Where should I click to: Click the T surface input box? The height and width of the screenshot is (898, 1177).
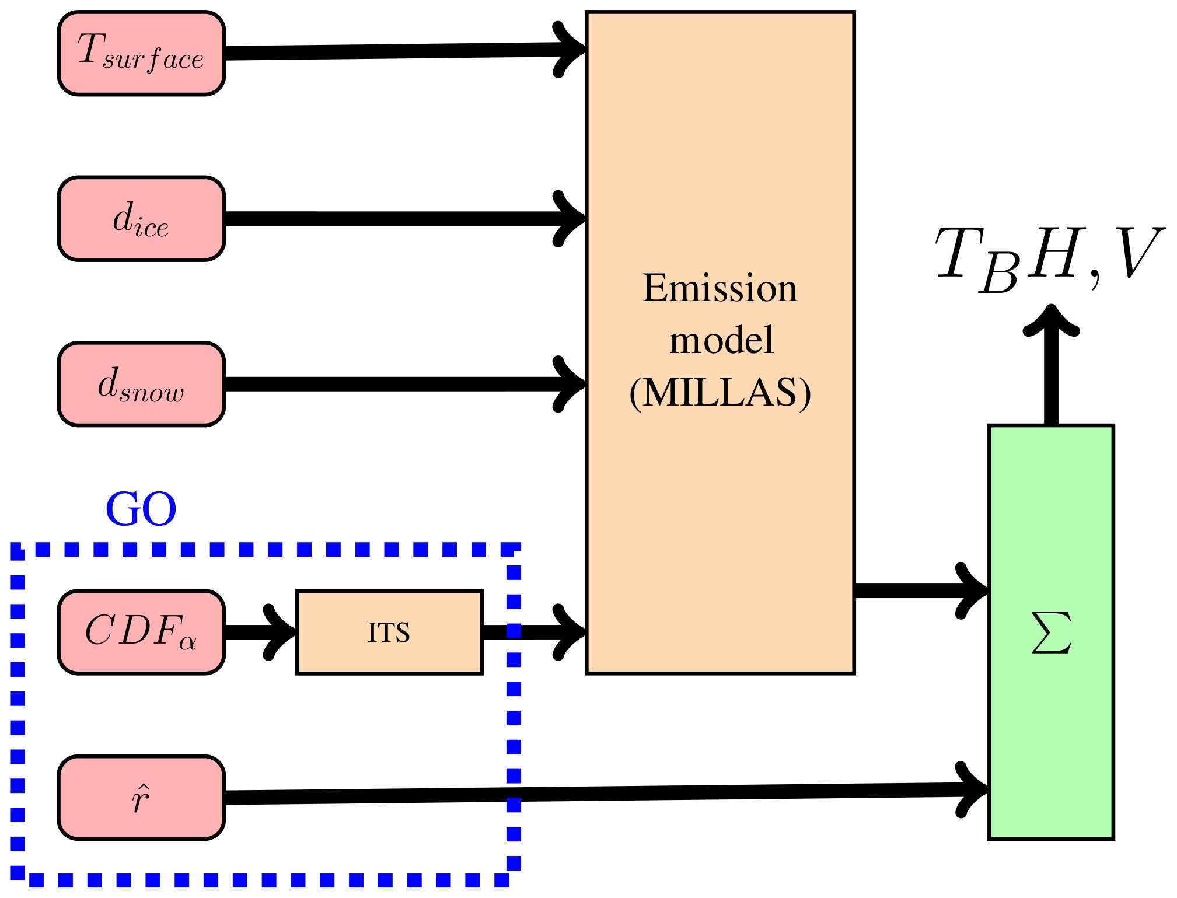click(x=141, y=53)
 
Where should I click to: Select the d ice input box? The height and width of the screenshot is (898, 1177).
click(x=141, y=219)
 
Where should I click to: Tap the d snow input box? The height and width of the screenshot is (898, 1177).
click(x=141, y=384)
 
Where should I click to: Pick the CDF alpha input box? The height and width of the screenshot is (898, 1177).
click(x=141, y=632)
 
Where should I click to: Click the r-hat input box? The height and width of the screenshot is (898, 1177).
click(x=141, y=798)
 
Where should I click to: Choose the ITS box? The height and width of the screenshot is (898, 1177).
click(x=389, y=632)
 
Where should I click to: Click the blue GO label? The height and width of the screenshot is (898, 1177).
click(x=141, y=509)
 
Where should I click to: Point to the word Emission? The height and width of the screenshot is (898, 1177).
click(x=720, y=288)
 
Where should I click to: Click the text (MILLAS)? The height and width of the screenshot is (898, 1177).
click(x=720, y=392)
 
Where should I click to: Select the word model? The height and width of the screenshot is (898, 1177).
click(x=721, y=340)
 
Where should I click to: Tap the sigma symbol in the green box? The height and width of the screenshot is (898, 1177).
click(x=1051, y=633)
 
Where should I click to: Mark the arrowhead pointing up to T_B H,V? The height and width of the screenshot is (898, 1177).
click(x=1051, y=321)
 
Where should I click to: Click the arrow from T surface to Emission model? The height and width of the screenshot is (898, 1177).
click(x=397, y=51)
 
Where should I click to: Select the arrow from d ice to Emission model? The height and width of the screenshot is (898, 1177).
click(x=397, y=219)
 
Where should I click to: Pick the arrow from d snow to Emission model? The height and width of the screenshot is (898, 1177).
click(x=397, y=384)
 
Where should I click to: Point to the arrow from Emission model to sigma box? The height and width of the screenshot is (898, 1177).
click(x=916, y=590)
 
